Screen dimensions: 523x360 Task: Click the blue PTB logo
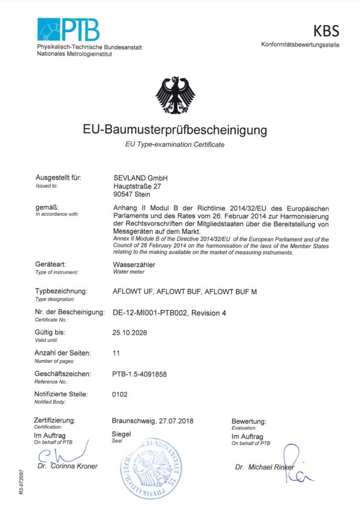point(68,30)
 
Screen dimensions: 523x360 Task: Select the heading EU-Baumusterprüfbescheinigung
point(175,130)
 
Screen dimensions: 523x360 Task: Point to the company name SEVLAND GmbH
point(140,178)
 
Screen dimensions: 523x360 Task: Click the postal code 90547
point(123,194)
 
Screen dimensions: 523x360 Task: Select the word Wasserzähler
point(134,265)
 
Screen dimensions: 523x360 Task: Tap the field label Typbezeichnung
point(61,291)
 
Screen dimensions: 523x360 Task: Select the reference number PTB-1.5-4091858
point(139,374)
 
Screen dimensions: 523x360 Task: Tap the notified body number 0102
point(119,394)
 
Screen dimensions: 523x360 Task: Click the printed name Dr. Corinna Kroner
point(67,466)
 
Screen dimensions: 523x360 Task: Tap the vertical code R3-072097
point(20,483)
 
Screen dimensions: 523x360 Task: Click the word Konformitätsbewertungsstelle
point(300,45)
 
